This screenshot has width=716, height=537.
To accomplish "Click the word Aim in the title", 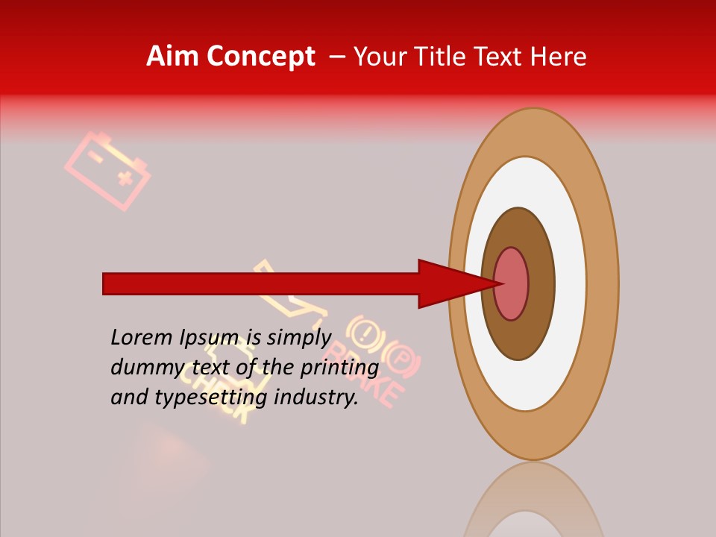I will pos(174,57).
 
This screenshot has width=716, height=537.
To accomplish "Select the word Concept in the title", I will pos(261,57).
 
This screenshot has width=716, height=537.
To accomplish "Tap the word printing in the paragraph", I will pos(339,368).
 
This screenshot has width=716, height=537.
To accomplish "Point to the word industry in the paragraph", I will pos(316,398).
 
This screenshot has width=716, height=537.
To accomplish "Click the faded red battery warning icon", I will pos(107,171).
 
